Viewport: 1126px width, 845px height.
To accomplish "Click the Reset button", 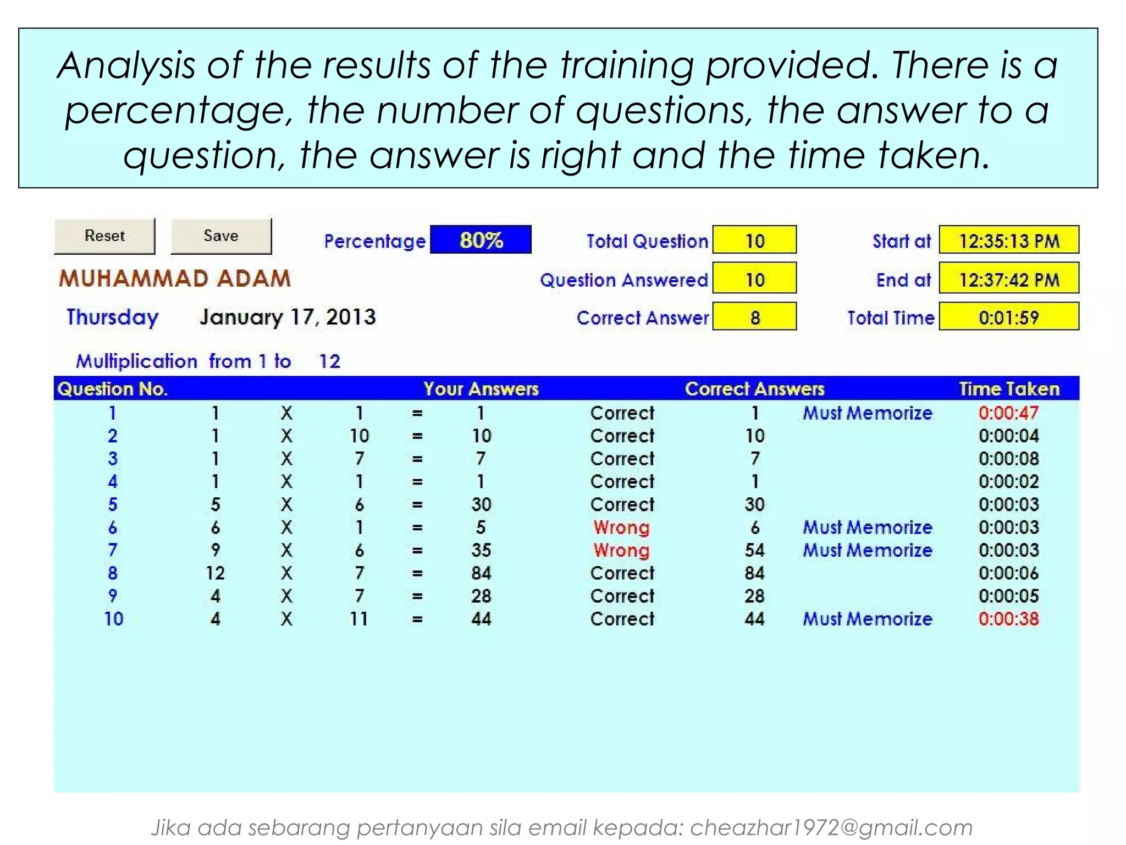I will pyautogui.click(x=104, y=236).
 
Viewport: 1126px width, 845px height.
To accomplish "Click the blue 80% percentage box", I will pyautogui.click(x=481, y=240).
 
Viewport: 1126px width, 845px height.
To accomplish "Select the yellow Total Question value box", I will pyautogui.click(x=754, y=240).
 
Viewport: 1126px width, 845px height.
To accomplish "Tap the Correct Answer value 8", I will pyautogui.click(x=754, y=317).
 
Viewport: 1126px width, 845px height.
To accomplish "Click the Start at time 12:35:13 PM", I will pyautogui.click(x=1008, y=240).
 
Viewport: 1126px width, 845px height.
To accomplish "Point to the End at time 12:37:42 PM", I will pyautogui.click(x=1008, y=279).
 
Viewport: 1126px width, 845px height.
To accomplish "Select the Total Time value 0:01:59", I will pyautogui.click(x=1008, y=317).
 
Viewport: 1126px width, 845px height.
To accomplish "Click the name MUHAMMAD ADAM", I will pyautogui.click(x=175, y=278).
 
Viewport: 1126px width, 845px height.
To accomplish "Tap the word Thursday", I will pyautogui.click(x=113, y=317).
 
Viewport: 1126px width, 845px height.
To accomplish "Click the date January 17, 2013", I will pyautogui.click(x=288, y=317).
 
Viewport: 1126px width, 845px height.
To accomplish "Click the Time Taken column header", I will pyautogui.click(x=1008, y=389).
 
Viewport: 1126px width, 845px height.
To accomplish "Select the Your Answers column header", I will pyautogui.click(x=481, y=389).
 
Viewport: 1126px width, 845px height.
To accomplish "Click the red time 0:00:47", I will pyautogui.click(x=1008, y=413).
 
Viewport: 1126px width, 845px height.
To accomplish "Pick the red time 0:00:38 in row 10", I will pyautogui.click(x=1008, y=619).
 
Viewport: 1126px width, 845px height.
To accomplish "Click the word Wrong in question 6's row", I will pyautogui.click(x=621, y=527).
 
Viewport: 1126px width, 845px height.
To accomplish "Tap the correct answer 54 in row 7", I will pyautogui.click(x=754, y=550).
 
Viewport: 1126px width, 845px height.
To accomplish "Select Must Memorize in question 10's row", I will pyautogui.click(x=867, y=619).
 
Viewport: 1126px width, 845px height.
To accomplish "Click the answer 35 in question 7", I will pyautogui.click(x=481, y=550).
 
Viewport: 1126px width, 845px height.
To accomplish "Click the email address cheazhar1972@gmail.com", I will pyautogui.click(x=831, y=827).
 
